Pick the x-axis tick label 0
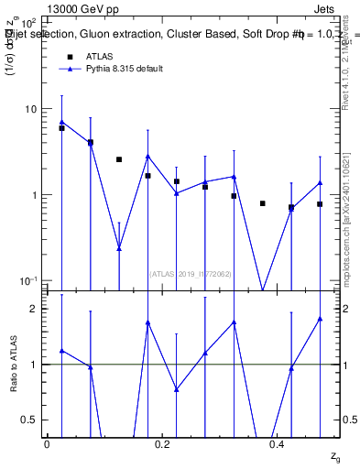pyautogui.click(x=47, y=443)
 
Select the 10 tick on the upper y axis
pyautogui.click(x=32, y=109)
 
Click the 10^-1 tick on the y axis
pyautogui.click(x=29, y=281)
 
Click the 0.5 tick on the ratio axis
pyautogui.click(x=32, y=420)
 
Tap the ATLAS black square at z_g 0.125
pyautogui.click(x=119, y=159)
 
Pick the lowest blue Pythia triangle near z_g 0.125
pyautogui.click(x=119, y=247)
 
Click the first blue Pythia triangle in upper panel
pyautogui.click(x=61, y=122)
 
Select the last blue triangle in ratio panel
pyautogui.click(x=320, y=319)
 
